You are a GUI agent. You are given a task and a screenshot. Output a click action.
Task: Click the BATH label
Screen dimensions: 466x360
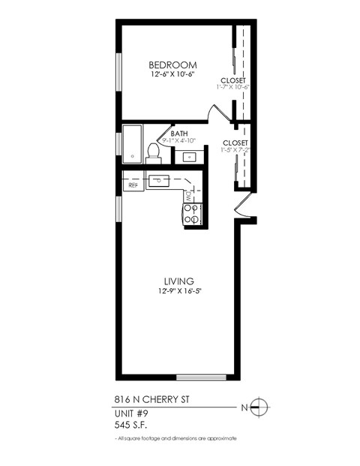tap(178, 134)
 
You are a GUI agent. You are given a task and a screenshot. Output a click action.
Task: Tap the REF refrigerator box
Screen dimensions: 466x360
tap(133, 184)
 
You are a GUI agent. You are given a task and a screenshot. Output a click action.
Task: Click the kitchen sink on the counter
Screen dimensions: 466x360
tap(160, 181)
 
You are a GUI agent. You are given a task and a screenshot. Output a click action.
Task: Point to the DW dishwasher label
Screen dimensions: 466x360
tap(189, 197)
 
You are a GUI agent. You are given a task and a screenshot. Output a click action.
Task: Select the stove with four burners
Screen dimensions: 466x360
tap(191, 215)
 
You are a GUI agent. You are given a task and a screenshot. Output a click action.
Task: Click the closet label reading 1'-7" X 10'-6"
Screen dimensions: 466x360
tap(234, 86)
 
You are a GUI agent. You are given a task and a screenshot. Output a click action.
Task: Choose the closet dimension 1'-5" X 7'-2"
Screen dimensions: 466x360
tap(235, 150)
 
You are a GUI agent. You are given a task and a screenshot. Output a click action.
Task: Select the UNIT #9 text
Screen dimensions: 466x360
tap(130, 414)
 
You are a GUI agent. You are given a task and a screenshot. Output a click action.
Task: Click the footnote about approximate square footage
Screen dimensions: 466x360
tap(176, 438)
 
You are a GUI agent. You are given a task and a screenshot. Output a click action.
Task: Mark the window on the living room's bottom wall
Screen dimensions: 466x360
tap(200, 377)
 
